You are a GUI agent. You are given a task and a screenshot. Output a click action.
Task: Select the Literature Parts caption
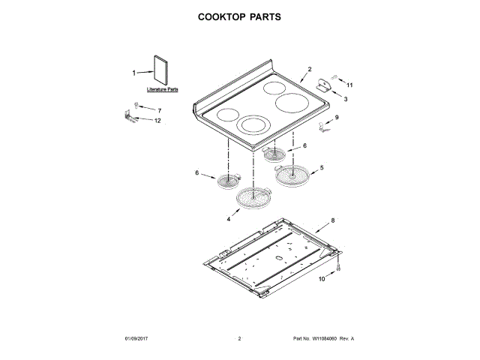tap(163, 89)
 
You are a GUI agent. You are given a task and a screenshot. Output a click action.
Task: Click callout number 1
tap(135, 73)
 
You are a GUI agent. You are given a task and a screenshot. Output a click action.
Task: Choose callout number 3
tap(346, 98)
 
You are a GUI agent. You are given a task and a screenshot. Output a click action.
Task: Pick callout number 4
tap(227, 220)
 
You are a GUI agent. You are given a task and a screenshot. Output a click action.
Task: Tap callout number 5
tap(322, 168)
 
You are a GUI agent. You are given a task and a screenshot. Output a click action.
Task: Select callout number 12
tap(157, 121)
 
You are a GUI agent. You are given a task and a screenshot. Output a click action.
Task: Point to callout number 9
tap(337, 117)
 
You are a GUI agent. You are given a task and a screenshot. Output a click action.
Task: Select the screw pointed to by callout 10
tap(340, 266)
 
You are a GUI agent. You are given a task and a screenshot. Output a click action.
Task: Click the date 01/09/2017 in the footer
tap(139, 339)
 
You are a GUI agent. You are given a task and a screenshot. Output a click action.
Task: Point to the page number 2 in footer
tap(239, 339)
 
